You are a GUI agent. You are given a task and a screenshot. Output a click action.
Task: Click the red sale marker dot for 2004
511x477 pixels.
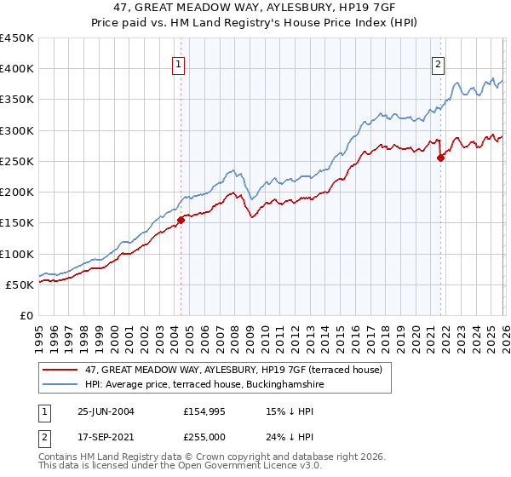[x=181, y=220]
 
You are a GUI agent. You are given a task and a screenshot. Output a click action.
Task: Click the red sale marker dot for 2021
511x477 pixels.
[x=440, y=158]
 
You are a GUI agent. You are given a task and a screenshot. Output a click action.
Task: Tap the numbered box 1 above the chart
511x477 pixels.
[x=179, y=64]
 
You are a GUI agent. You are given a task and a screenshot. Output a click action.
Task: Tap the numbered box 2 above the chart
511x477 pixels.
[x=438, y=64]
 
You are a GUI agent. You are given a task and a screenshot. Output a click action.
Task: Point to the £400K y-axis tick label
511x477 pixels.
[x=16, y=69]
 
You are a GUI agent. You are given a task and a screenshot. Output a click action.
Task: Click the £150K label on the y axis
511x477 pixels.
[x=16, y=223]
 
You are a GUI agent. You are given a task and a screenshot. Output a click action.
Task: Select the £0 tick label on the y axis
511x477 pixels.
[x=26, y=316]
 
